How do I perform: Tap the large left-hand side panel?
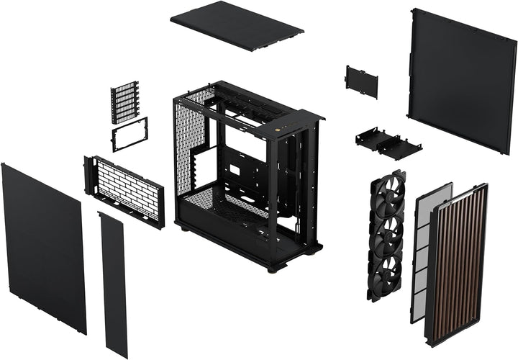(43, 245)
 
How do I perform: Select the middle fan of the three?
(387, 232)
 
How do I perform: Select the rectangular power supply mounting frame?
(129, 135)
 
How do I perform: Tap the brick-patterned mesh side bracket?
(124, 189)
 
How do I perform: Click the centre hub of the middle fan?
(387, 232)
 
